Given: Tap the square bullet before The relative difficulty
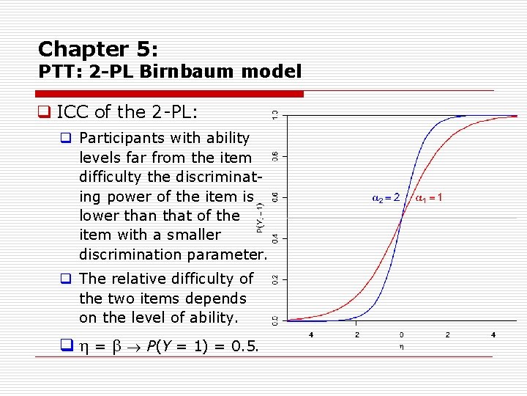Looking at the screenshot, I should point(66,279).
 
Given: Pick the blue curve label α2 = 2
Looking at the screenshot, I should point(386,197).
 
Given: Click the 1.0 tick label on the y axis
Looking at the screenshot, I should point(275,115).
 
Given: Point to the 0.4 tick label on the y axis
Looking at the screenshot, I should point(275,238).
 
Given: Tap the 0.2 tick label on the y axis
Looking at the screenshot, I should point(275,279).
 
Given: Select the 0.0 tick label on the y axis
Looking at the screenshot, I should point(275,320).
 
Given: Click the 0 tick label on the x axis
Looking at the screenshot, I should point(401,335).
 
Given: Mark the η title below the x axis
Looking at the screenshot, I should point(401,348).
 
